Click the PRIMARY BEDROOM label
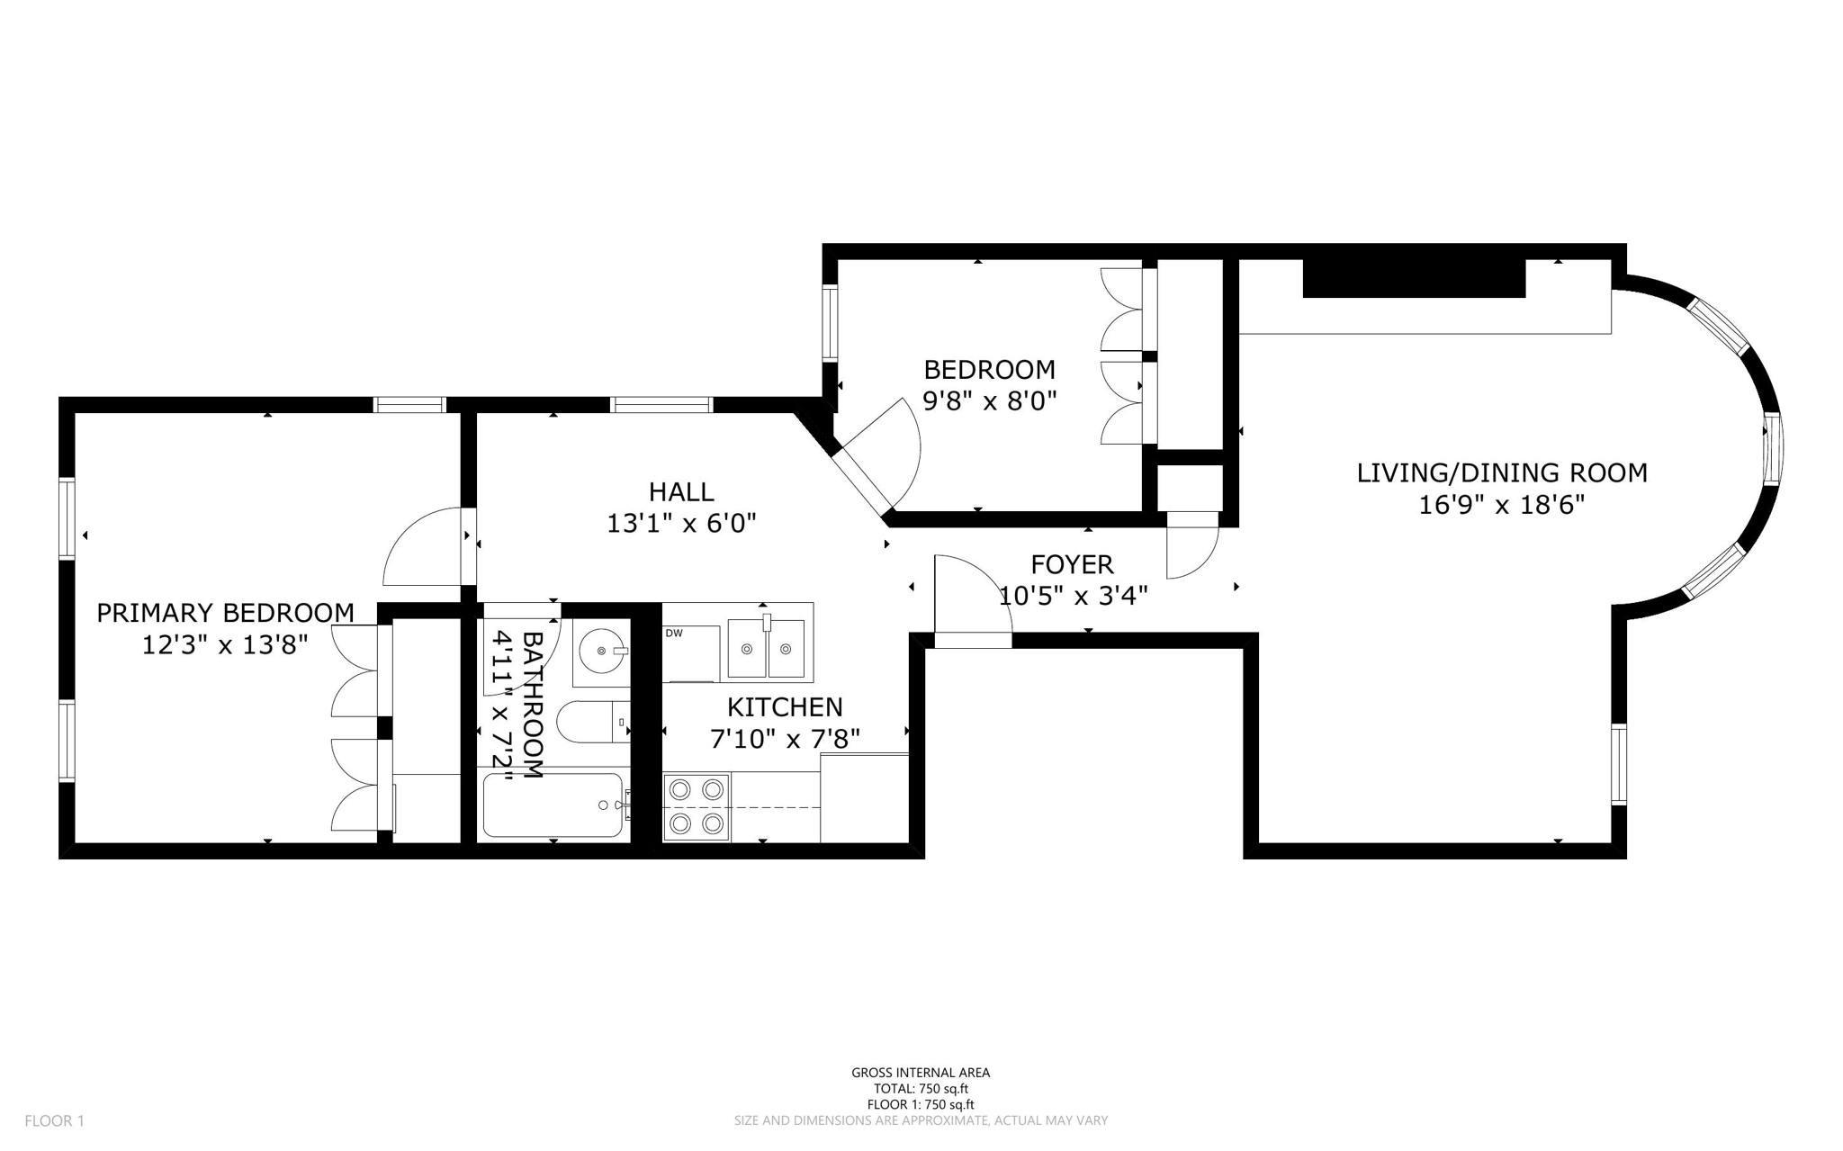pyautogui.click(x=225, y=613)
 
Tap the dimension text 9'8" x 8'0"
pyautogui.click(x=989, y=400)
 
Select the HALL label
pyautogui.click(x=681, y=491)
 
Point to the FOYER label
pyautogui.click(x=1072, y=564)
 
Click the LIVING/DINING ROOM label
pyautogui.click(x=1501, y=472)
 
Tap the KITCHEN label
pyautogui.click(x=785, y=707)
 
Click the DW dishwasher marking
pyautogui.click(x=674, y=634)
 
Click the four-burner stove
pyautogui.click(x=697, y=807)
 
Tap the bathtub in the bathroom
pyautogui.click(x=553, y=805)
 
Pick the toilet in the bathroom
pyautogui.click(x=589, y=722)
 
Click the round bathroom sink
pyautogui.click(x=601, y=650)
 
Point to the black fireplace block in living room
pyautogui.click(x=1414, y=277)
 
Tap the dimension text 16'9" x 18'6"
pyautogui.click(x=1501, y=505)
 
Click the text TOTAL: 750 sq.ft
pyautogui.click(x=921, y=1089)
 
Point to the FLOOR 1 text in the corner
pyautogui.click(x=54, y=1121)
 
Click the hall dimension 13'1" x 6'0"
pyautogui.click(x=681, y=523)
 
